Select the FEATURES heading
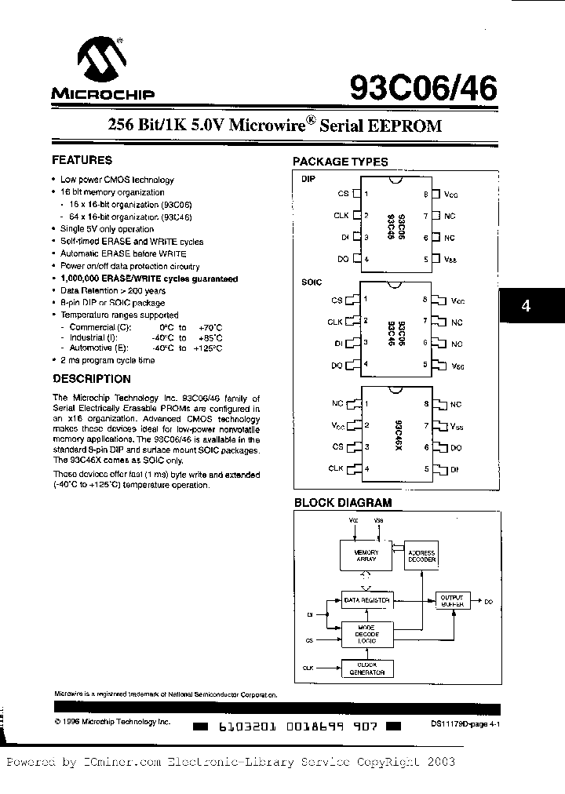[x=82, y=160]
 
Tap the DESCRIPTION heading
[x=91, y=378]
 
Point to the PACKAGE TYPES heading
[x=340, y=162]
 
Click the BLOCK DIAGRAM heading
[x=342, y=503]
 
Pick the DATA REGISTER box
[x=366, y=600]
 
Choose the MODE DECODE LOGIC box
[x=366, y=634]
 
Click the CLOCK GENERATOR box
[x=366, y=668]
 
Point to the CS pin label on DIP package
[x=342, y=193]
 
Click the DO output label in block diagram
[x=488, y=601]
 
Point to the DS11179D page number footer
[x=465, y=726]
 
